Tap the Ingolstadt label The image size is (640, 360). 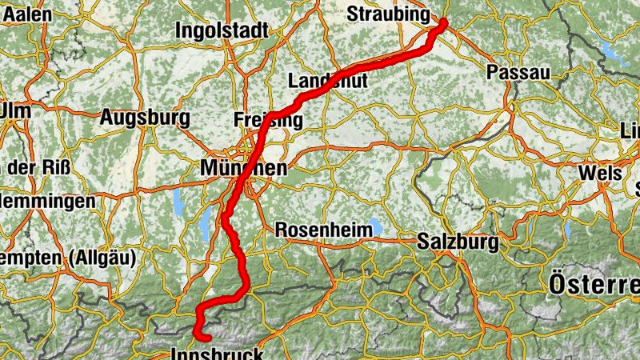coord(222,32)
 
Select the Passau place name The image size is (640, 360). coord(518,73)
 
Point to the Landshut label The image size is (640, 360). coord(327,82)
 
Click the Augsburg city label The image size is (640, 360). coord(145,118)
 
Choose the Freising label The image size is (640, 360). coord(269,121)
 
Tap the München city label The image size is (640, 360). coord(243,169)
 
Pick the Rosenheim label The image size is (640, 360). coord(324,230)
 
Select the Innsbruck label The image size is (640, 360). coord(216,353)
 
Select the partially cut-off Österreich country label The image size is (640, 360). coord(594,283)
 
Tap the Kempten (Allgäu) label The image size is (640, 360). coord(67,258)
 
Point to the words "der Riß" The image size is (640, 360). coord(39,169)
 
